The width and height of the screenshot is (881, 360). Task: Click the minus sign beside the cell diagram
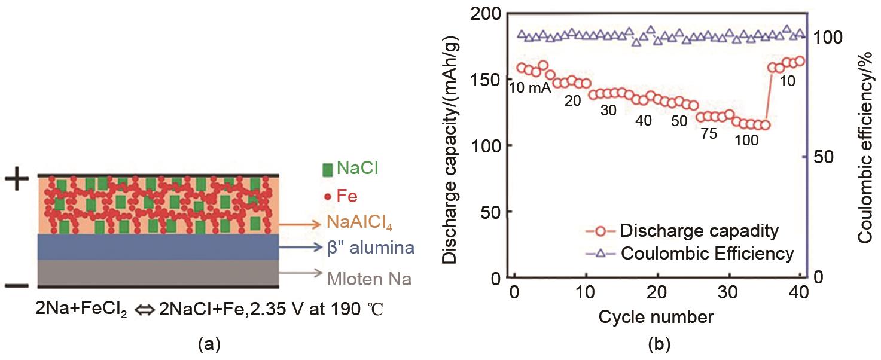point(17,286)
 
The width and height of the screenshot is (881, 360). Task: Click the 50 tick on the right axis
point(825,157)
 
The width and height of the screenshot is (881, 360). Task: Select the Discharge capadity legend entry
point(699,230)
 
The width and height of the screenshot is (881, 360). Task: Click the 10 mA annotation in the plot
point(529,87)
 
